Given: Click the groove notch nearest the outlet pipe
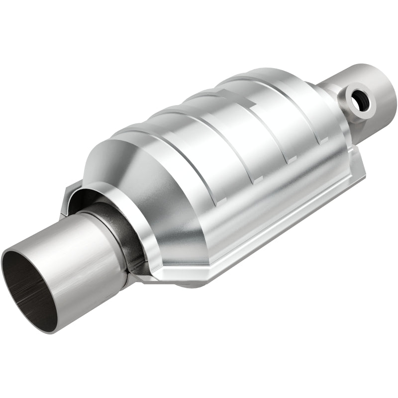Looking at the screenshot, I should click(324, 141).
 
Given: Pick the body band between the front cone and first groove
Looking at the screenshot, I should click(184, 164).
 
